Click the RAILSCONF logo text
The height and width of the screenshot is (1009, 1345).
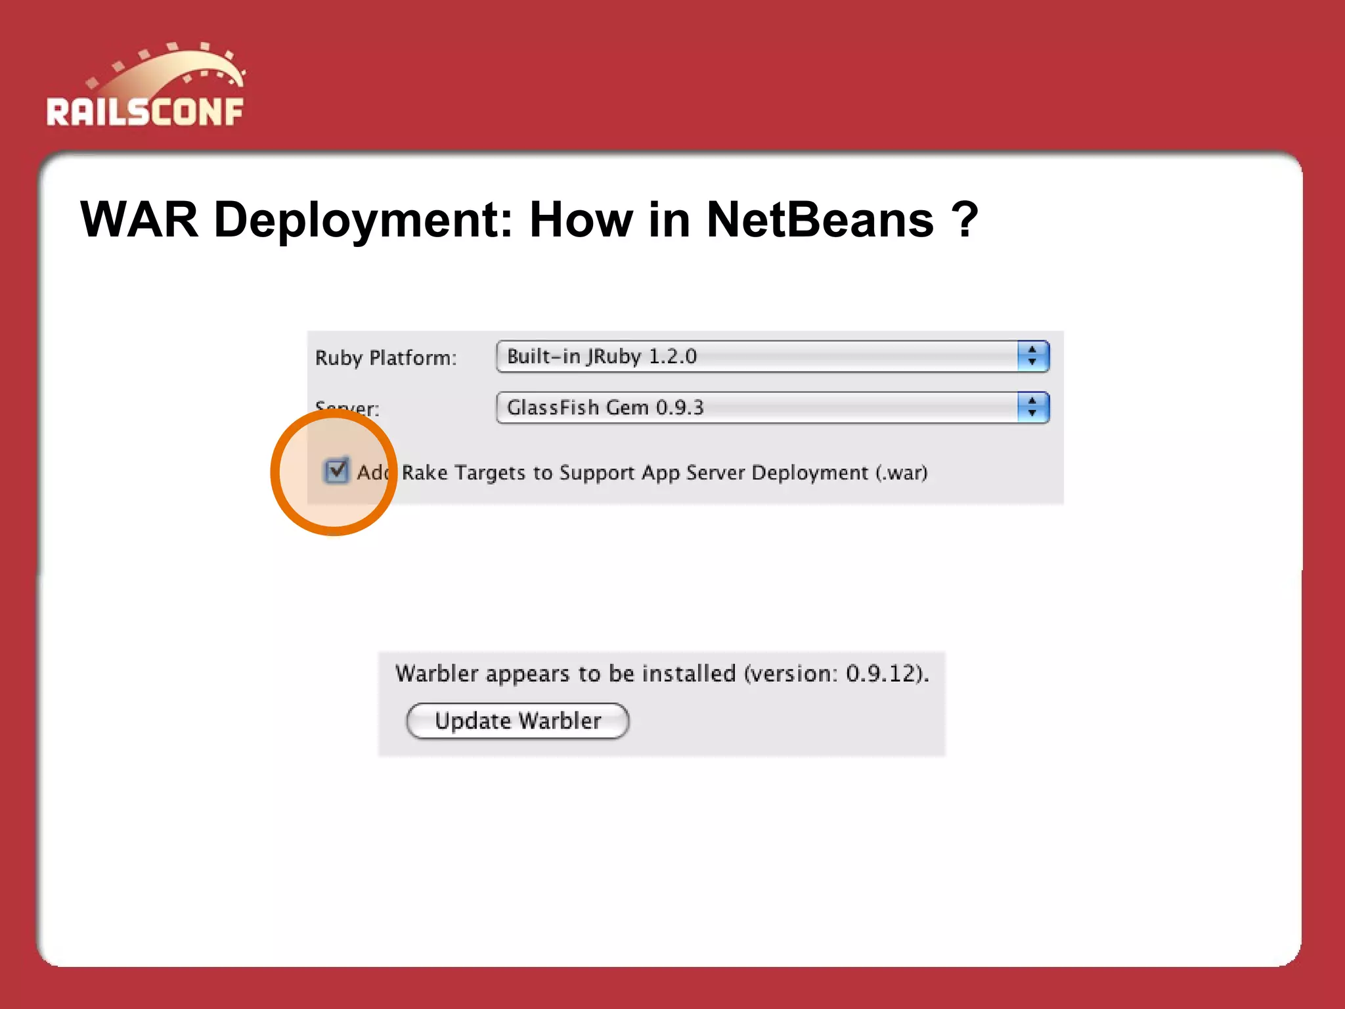click(145, 112)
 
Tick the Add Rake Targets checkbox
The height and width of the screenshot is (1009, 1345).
click(336, 470)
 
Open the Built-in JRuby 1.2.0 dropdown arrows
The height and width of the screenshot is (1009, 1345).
click(1032, 356)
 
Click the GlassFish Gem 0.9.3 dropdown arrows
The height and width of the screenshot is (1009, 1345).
click(1032, 407)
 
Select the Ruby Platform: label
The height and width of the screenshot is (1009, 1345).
click(386, 358)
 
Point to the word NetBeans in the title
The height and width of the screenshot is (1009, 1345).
click(820, 219)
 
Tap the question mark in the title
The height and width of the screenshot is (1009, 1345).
click(965, 219)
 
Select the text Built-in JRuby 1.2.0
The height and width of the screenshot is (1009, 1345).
click(602, 356)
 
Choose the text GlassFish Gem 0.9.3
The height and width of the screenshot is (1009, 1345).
click(605, 407)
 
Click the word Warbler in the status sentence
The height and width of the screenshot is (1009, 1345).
click(437, 674)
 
